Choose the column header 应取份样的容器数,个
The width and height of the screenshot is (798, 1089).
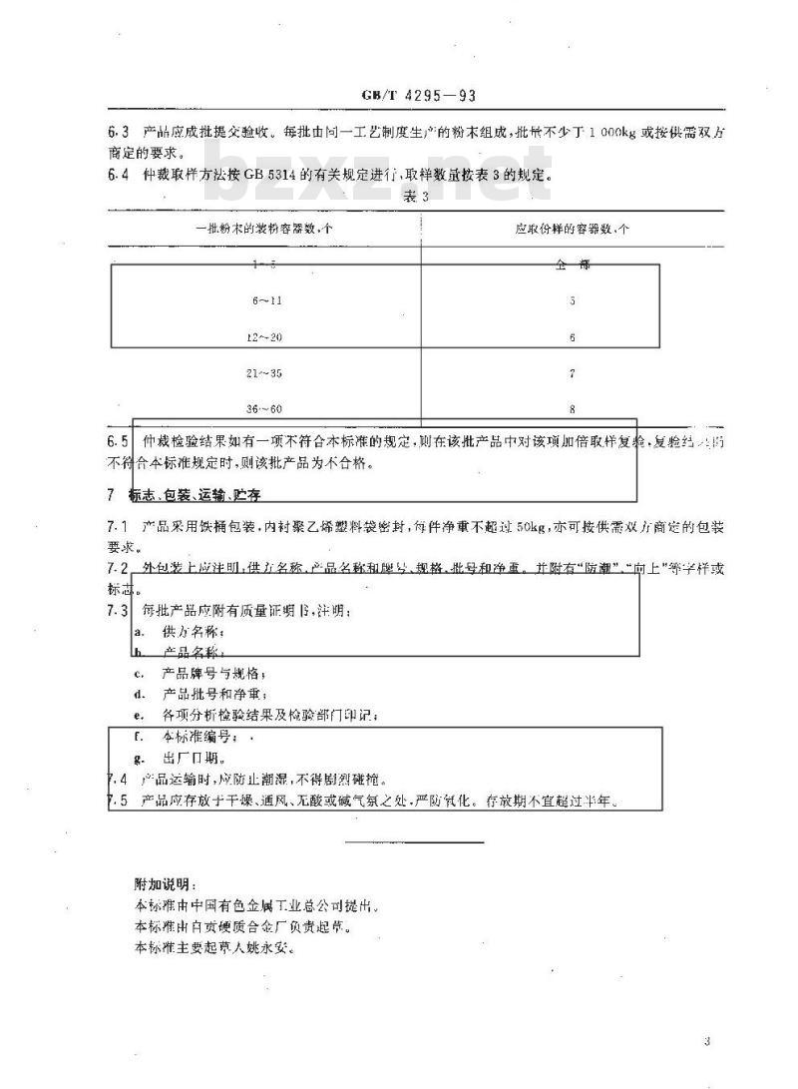pyautogui.click(x=571, y=229)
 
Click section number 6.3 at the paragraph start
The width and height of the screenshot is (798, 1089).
pyautogui.click(x=118, y=132)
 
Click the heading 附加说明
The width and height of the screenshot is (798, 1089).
pyautogui.click(x=166, y=884)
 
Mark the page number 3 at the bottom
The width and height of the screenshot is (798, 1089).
pyautogui.click(x=705, y=1042)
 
